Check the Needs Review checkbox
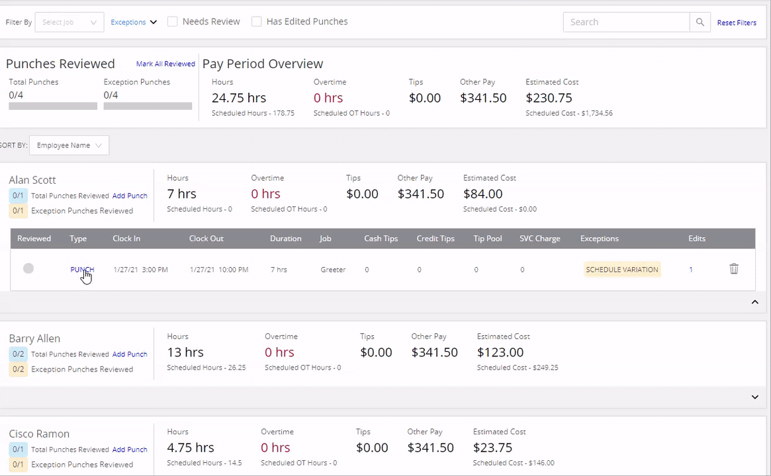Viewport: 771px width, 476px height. point(173,22)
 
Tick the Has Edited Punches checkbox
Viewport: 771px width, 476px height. point(256,22)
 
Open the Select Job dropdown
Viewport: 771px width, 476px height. point(69,22)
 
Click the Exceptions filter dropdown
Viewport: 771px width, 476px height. point(133,22)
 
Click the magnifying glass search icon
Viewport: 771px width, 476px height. point(700,22)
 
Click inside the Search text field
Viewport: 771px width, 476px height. point(627,22)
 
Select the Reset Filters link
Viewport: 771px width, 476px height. point(737,22)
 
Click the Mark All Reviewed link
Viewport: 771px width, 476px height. point(165,64)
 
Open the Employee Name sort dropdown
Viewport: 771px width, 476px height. point(69,145)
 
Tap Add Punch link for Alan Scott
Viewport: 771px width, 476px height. point(130,196)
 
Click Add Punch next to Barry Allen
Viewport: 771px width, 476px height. point(130,354)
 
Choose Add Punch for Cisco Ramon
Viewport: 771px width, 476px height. point(130,450)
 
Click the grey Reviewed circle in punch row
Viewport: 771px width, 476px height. point(28,268)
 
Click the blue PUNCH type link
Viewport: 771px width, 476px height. point(82,270)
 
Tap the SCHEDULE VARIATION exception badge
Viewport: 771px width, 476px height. point(622,270)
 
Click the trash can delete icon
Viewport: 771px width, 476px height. point(734,268)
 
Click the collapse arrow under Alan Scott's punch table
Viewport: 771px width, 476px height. point(754,302)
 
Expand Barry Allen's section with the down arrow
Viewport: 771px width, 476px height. point(754,397)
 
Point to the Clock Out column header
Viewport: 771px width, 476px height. point(206,239)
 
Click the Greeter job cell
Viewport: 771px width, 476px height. point(334,270)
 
